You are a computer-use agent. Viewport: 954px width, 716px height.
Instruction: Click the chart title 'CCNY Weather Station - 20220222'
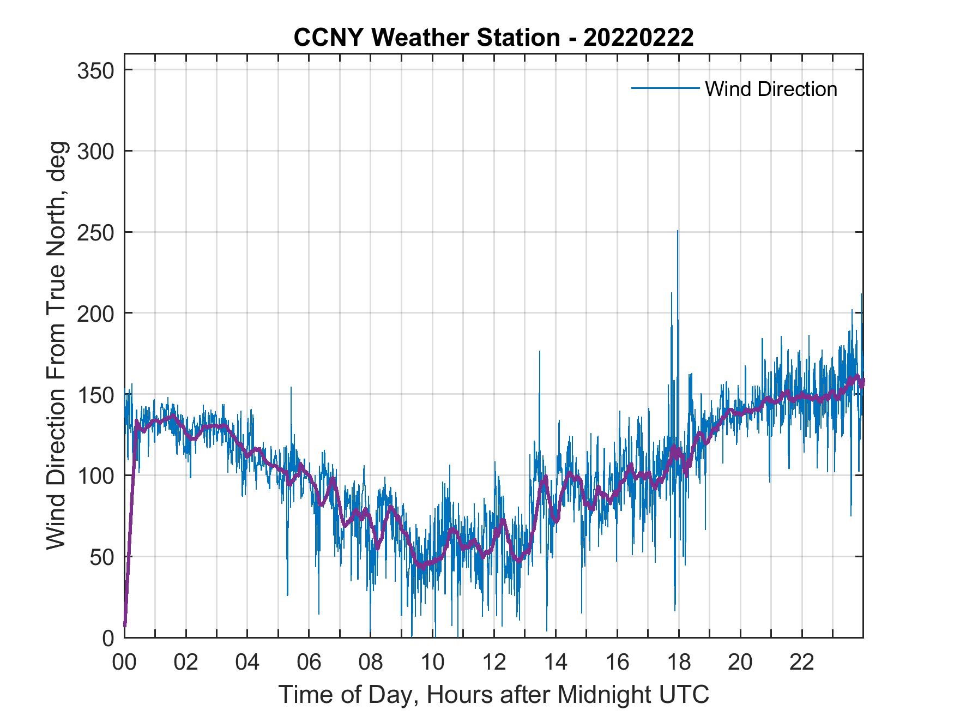[x=493, y=38]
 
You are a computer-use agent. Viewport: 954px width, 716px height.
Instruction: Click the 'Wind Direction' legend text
[x=771, y=89]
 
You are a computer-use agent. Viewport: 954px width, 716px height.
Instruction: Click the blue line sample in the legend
[x=665, y=88]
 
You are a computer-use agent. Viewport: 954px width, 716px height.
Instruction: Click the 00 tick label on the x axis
[x=124, y=663]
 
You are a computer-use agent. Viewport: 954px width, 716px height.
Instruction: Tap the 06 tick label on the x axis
[x=309, y=663]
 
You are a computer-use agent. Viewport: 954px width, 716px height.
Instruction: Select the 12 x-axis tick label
[x=494, y=663]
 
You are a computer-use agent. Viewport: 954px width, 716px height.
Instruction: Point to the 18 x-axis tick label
[x=679, y=663]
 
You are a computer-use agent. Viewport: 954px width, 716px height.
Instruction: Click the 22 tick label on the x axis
[x=802, y=663]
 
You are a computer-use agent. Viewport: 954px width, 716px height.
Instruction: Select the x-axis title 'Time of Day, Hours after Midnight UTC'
[x=494, y=694]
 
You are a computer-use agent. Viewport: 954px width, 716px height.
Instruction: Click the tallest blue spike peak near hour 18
[x=678, y=232]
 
